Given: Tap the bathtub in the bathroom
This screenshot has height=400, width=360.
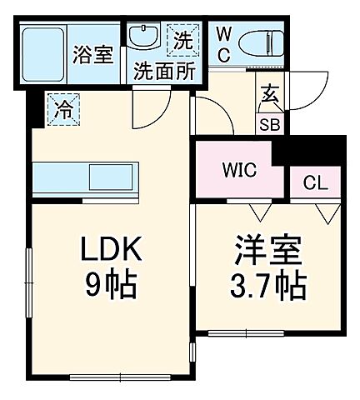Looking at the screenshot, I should tap(42, 54).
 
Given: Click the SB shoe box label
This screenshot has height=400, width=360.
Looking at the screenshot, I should tap(270, 125).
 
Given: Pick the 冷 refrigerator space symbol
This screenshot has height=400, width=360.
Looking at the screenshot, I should tap(63, 107).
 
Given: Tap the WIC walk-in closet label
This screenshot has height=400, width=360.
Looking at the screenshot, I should tap(240, 171).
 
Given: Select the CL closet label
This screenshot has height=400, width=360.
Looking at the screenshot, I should tap(314, 181).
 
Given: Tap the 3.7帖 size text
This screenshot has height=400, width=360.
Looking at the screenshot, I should tap(268, 288).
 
